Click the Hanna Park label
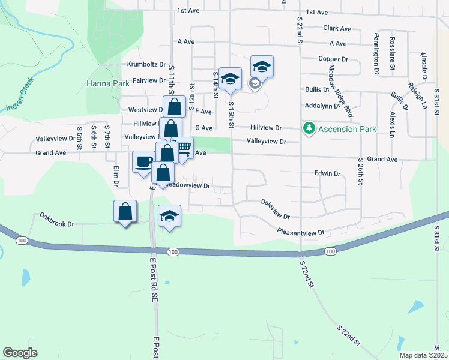[107, 83]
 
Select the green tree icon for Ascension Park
[309, 128]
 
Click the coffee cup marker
[143, 161]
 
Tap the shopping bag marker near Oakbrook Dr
[125, 211]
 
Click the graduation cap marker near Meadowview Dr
[170, 216]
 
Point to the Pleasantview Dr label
[300, 232]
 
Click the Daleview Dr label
[276, 209]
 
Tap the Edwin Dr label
[327, 173]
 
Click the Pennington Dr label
[376, 53]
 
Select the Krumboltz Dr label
[146, 65]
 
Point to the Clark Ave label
[337, 28]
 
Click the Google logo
[20, 353]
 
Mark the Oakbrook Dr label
[56, 220]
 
